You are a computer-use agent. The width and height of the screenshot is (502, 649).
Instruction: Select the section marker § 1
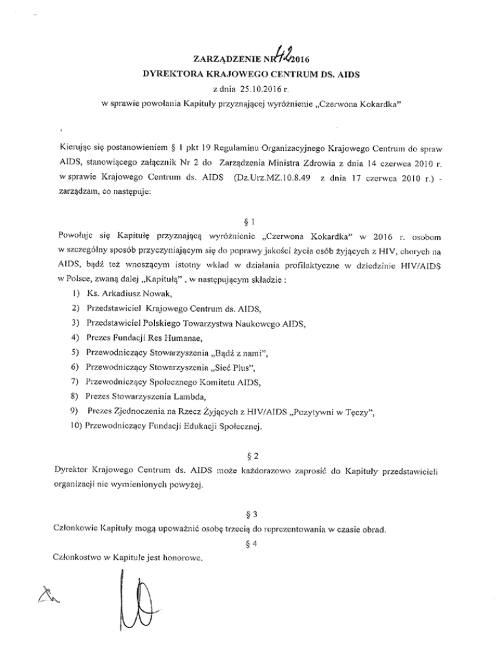pyautogui.click(x=252, y=221)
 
